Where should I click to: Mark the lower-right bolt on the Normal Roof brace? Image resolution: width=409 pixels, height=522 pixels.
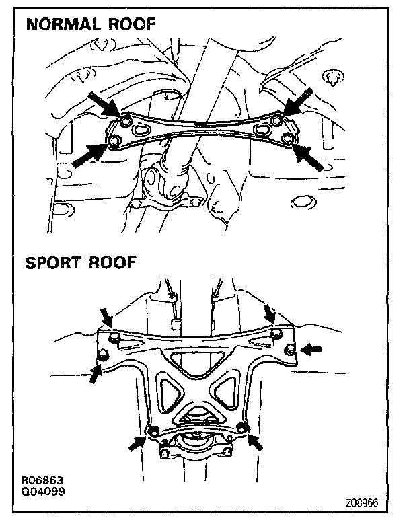pyautogui.click(x=288, y=139)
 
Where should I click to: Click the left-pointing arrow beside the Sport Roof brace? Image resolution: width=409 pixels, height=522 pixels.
pyautogui.click(x=311, y=349)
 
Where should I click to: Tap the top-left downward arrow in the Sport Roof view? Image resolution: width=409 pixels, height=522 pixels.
pyautogui.click(x=106, y=316)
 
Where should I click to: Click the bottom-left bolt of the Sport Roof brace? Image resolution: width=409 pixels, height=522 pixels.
pyautogui.click(x=153, y=431)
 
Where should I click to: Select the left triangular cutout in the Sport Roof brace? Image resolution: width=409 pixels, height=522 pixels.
pyautogui.click(x=167, y=392)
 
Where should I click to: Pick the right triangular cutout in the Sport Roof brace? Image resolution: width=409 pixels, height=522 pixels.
pyautogui.click(x=227, y=392)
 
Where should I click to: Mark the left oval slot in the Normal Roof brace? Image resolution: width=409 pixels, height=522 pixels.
pyautogui.click(x=143, y=130)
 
